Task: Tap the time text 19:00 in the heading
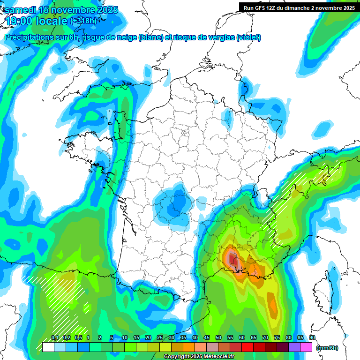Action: [21, 22]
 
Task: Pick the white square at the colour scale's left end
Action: [48, 347]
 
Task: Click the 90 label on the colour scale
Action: [312, 338]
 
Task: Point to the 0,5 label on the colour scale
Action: [78, 338]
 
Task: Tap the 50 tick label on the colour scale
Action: [218, 338]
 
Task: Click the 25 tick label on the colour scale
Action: [160, 338]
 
